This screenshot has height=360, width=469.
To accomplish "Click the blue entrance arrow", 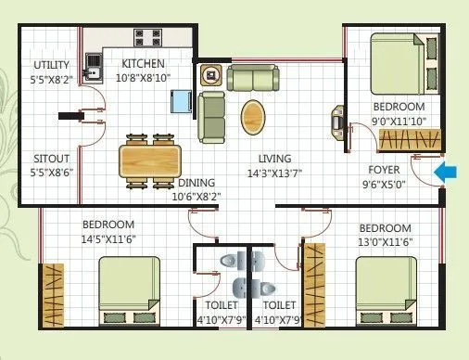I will [x=446, y=171].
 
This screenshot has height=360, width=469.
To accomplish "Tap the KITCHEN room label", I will [x=143, y=64].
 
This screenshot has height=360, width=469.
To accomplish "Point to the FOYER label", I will [x=385, y=170].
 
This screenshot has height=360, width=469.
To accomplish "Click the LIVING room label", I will [x=275, y=159].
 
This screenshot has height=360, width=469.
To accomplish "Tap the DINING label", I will [x=197, y=183].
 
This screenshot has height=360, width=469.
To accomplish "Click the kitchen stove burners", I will [x=147, y=39].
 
